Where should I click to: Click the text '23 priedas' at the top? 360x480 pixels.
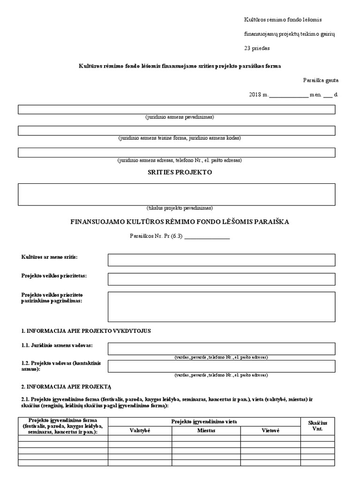[257, 48]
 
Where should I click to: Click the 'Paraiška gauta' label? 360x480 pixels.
[321, 80]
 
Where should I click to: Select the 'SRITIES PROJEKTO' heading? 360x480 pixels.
[180, 172]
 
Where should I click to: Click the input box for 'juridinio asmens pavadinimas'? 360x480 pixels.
[176, 109]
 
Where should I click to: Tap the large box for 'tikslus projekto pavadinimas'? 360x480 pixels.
[176, 194]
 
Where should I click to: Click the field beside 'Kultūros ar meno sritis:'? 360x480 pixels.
[221, 260]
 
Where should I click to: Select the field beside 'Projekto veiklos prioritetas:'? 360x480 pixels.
[221, 279]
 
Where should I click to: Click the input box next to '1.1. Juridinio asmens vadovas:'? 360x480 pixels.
[221, 348]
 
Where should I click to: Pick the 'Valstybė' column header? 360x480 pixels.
[140, 430]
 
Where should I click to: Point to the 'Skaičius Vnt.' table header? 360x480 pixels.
[317, 426]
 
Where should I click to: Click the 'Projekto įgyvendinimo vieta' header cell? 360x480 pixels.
[204, 421]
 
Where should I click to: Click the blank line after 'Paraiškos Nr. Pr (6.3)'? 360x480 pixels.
[207, 237]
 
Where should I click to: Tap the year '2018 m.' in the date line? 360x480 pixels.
[258, 94]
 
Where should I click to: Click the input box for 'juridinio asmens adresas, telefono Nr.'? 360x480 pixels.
[176, 152]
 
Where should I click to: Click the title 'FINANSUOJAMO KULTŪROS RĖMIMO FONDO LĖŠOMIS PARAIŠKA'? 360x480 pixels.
[180, 222]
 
